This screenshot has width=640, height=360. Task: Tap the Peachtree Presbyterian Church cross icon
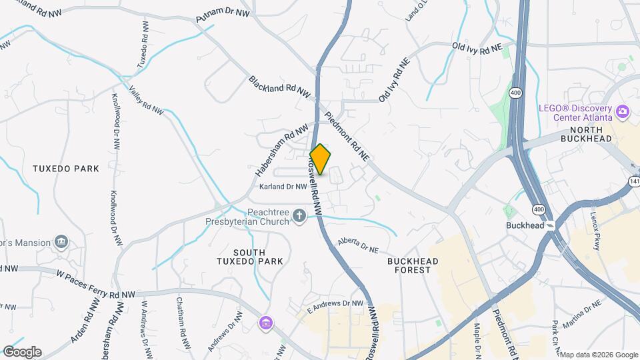click(299, 215)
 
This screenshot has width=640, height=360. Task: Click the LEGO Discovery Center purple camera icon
click(623, 111)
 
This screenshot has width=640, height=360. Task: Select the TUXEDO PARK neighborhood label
click(66, 169)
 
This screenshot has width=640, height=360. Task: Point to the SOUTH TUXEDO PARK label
click(249, 257)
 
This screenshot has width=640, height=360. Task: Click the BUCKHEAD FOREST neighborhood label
click(413, 266)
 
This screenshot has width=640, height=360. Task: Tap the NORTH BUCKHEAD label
click(586, 134)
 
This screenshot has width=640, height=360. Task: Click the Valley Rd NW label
click(146, 102)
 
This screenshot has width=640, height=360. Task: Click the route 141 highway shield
click(633, 181)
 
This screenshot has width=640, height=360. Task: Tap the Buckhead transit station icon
click(551, 226)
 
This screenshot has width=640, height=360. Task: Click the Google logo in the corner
click(22, 351)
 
